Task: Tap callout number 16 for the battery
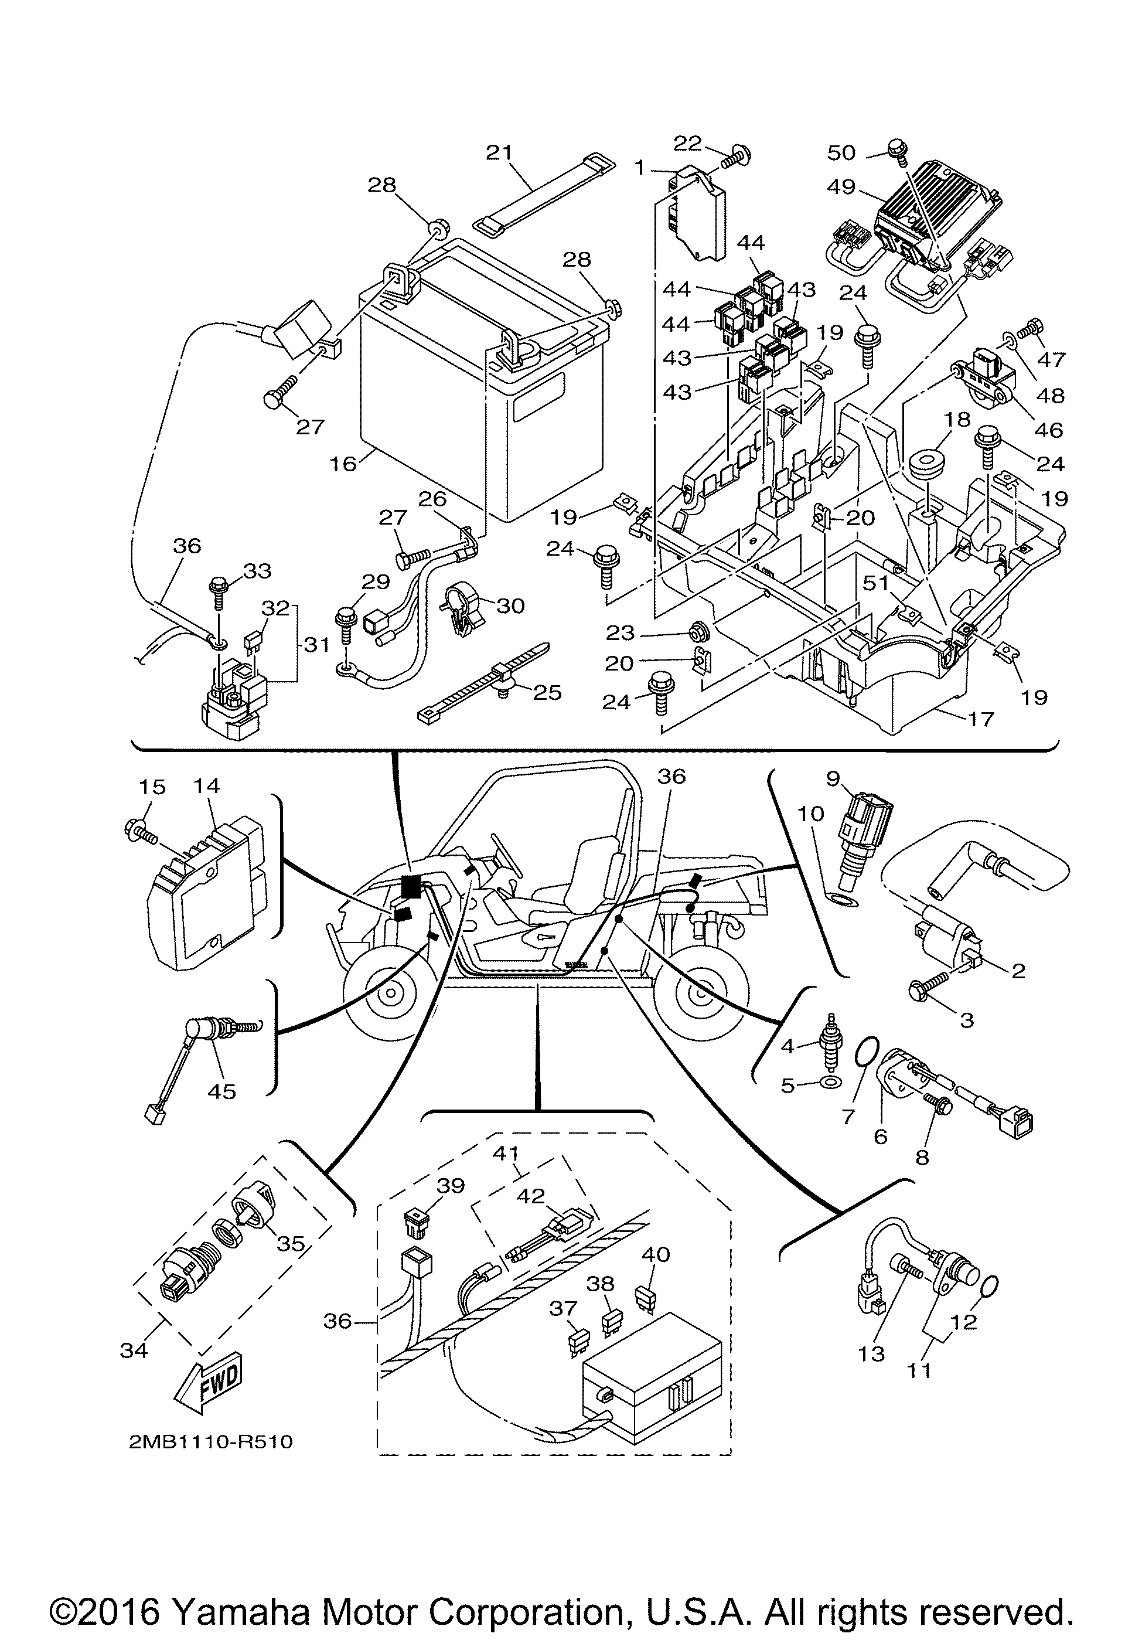[343, 464]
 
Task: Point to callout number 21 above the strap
[499, 153]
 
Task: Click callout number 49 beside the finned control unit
[841, 187]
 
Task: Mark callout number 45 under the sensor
[221, 1092]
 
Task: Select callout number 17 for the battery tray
[981, 719]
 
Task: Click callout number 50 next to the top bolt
[841, 152]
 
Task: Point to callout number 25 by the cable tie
[547, 692]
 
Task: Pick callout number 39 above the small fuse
[451, 1186]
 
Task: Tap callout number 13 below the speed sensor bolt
[871, 1353]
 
